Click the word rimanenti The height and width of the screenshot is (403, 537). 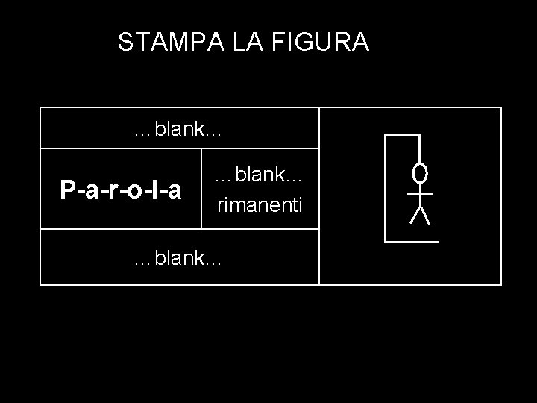[x=260, y=203]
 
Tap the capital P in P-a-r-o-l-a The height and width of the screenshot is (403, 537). [x=67, y=190]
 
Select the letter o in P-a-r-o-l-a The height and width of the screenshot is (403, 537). [x=132, y=192]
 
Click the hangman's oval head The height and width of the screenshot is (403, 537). [x=421, y=174]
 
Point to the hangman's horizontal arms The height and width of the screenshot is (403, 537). [x=421, y=193]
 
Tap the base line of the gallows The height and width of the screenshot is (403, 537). [x=411, y=243]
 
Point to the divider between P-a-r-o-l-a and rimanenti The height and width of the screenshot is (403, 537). [x=203, y=188]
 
